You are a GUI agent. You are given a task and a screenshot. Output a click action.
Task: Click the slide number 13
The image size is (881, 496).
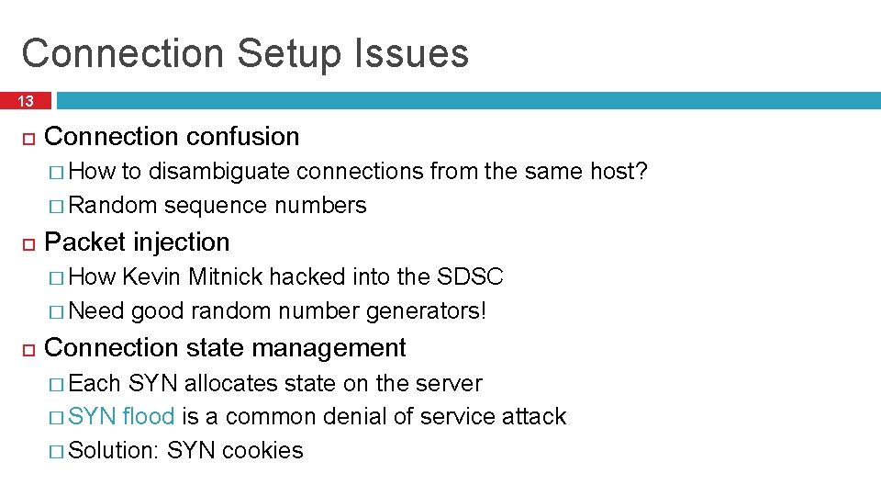25,101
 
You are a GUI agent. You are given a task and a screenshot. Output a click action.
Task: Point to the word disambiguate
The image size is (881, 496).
219,172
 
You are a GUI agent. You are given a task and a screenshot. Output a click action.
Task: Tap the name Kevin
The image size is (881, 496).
152,277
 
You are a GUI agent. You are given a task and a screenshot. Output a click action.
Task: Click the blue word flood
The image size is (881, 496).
148,417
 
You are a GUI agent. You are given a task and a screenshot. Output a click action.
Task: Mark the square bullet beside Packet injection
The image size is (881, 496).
28,243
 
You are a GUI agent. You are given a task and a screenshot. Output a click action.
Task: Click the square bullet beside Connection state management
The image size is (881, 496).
28,349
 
